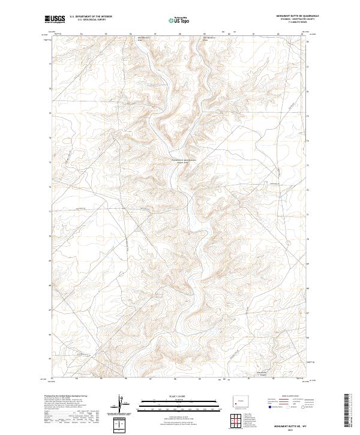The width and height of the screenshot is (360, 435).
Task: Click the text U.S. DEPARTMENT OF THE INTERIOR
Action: pos(91,17)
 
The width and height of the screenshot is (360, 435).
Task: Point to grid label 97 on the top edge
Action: pos(155,34)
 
